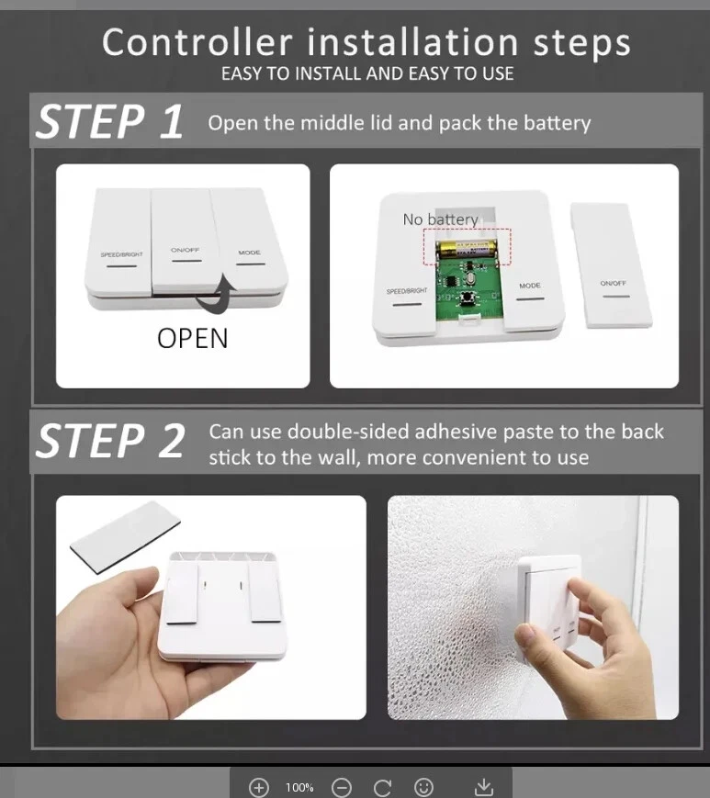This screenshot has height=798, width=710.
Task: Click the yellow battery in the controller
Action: tap(468, 250)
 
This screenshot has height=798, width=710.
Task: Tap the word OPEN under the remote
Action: tap(192, 339)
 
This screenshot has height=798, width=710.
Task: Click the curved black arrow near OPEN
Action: tap(218, 294)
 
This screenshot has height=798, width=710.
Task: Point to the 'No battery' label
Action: tap(440, 219)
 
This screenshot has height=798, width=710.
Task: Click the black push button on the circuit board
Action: tap(465, 298)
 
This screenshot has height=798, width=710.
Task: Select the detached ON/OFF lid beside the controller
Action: tap(612, 265)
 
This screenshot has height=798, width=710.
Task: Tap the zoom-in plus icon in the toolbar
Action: tap(258, 787)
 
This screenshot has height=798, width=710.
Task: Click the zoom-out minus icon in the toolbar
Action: tap(342, 787)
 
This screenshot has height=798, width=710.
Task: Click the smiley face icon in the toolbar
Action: tap(423, 787)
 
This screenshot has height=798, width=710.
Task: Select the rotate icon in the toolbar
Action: tap(382, 787)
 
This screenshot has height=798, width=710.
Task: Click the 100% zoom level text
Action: tap(299, 788)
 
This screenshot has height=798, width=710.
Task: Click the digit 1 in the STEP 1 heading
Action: tap(171, 122)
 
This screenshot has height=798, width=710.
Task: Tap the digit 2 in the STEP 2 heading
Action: tap(172, 441)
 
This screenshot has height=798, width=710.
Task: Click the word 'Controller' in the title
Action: tap(197, 42)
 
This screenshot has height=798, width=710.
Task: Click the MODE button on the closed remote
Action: tap(250, 239)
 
